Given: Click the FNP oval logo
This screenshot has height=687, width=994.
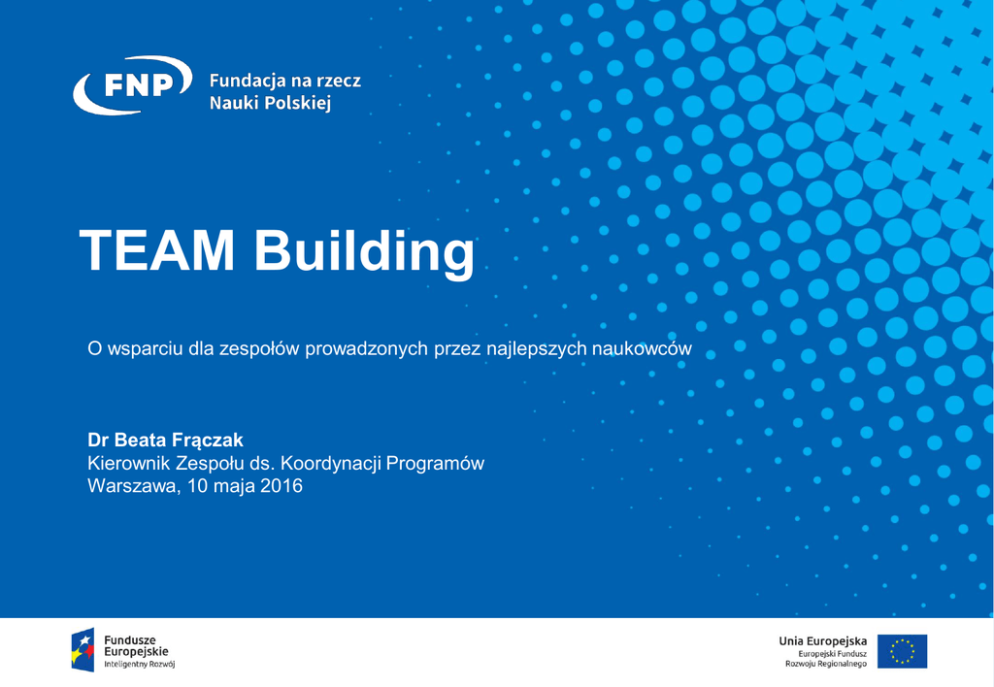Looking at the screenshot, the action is coord(132,85).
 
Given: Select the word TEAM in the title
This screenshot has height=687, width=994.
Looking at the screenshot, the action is coord(156,250).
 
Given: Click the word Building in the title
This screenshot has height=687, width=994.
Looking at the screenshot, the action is coord(364,251).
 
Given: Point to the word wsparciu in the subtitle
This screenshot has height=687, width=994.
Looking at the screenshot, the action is coord(146,349).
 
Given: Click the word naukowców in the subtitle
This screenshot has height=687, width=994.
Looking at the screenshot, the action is coord(642,348).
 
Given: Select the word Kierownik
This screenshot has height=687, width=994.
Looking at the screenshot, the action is coord(129,463).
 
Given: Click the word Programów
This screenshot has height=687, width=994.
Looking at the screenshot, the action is coord(435,463).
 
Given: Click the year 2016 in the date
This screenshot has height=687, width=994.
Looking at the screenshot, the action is coord(281,486).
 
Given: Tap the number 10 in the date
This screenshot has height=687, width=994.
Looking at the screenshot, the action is coord(197,486).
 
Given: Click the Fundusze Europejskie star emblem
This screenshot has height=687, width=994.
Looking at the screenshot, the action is coord(83,649).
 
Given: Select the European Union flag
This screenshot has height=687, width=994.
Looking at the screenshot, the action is coord(902,651).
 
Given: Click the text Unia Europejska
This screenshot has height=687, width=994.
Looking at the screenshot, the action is coord(823,641).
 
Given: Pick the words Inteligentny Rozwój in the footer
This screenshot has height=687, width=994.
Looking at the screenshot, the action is coord(140,664).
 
